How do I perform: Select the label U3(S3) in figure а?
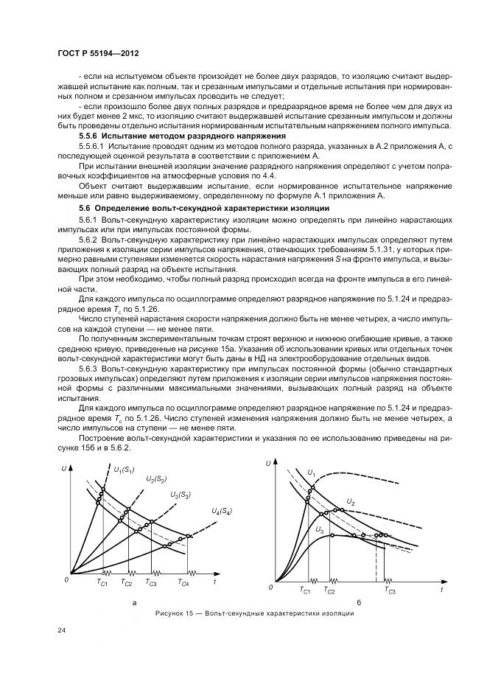180,494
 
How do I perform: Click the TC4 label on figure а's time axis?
183,583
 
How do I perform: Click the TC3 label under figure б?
390,591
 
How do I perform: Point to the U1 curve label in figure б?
312,473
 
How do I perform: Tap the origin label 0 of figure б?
270,588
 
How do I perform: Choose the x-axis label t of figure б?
441,590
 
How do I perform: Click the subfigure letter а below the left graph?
134,602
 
